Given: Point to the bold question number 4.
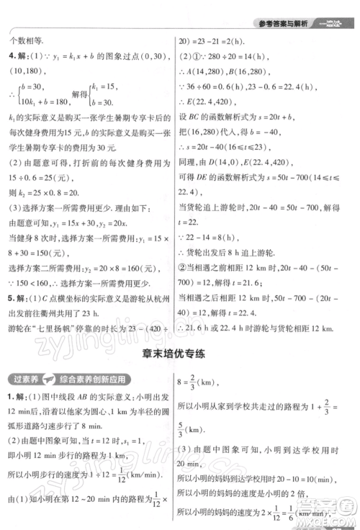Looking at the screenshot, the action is point(10,56).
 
